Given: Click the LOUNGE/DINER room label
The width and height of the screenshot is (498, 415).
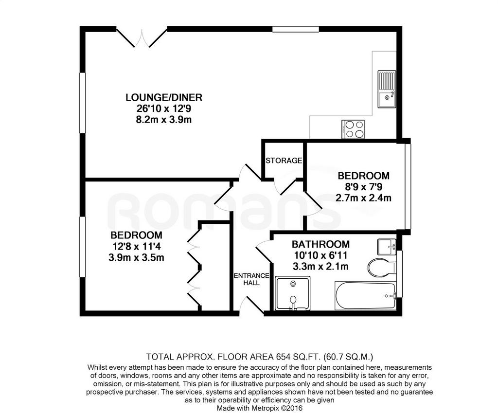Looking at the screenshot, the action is tap(164, 97).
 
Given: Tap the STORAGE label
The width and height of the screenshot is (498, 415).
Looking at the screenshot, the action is tap(284, 161).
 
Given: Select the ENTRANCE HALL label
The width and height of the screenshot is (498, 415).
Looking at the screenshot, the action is tap(251, 279).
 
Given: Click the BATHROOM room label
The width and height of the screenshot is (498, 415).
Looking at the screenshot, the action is tap(320, 244).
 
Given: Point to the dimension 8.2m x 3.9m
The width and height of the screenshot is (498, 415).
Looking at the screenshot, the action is tap(164, 120).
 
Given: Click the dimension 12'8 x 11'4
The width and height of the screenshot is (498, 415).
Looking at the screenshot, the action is tap(136, 246).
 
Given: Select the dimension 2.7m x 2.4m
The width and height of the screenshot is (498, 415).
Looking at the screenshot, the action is tap(363, 198).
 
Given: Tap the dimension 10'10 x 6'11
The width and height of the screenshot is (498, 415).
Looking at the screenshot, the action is tap(320, 255).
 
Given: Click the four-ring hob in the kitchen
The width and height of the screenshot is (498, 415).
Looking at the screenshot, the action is tap(353, 129).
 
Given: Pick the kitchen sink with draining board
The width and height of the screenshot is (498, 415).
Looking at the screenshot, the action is tap(387, 89).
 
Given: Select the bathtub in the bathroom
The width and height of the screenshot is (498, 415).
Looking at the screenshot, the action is tap(365, 295).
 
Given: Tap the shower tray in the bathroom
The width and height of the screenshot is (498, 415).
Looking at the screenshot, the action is tap(292, 293).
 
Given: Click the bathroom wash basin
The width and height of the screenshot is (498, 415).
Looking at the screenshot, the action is tap(387, 247).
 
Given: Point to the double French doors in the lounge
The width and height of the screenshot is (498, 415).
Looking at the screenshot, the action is tap(142, 38).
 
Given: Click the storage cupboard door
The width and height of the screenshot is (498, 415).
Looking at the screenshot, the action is tap(287, 186).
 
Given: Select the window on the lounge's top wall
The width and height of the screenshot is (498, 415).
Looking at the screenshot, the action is tap(295, 29).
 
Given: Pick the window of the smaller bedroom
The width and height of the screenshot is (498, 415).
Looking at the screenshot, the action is tap(408, 186).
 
